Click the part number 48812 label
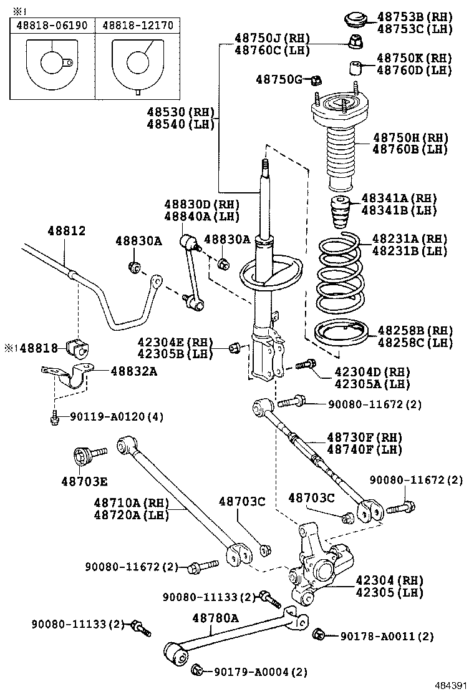coord(66,231)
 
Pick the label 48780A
coord(215,618)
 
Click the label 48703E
coord(84,481)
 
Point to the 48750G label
coord(279,79)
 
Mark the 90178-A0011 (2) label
coord(387,637)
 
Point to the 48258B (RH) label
coord(415,330)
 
